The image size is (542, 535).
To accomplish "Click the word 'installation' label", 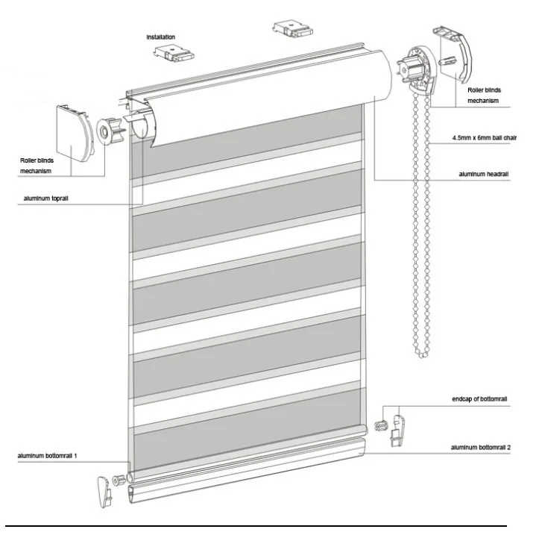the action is point(161,37).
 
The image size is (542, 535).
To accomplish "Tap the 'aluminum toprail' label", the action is point(45,198).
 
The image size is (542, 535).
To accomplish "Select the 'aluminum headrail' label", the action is point(484,174).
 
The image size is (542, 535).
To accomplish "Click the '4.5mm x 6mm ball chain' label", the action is point(485,138).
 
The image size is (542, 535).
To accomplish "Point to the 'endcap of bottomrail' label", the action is point(479,399).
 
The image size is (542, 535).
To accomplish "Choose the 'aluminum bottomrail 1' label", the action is point(48,456).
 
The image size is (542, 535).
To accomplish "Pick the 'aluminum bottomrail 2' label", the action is point(480,448).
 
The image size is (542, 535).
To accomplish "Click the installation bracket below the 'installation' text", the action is point(174,54).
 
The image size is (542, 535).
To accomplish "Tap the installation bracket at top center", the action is point(293,28).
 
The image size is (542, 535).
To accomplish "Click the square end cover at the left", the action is point(75,134).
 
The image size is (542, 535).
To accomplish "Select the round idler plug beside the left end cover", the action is point(110,131).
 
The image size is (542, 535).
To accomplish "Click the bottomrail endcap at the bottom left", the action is point(104,492).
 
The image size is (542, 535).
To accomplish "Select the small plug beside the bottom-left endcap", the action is point(119,480).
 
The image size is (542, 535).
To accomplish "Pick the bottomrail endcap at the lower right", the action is point(397,431).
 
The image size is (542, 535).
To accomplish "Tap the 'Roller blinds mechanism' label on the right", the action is point(484,96).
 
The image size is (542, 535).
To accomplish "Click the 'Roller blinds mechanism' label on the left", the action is point(37,166).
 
